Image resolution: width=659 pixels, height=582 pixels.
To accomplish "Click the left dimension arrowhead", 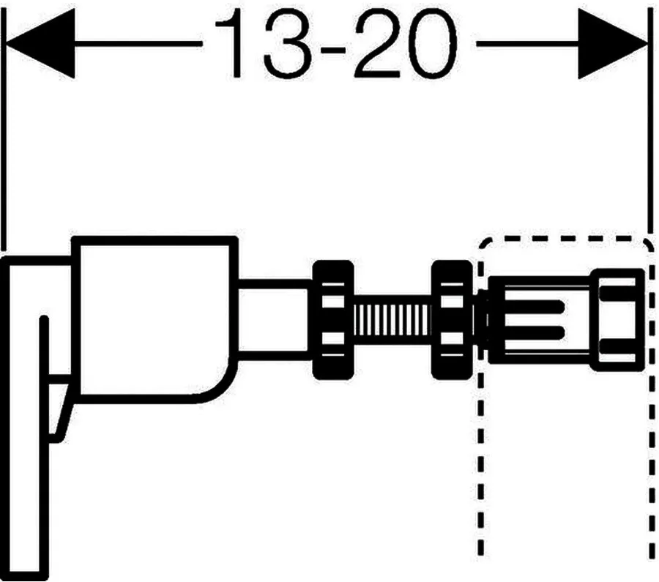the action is point(41,43).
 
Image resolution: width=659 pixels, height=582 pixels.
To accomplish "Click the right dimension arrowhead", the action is point(613,44).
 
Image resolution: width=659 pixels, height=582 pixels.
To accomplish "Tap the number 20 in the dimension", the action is point(406,43).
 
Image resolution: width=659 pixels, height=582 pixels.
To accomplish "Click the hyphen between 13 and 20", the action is point(333,49).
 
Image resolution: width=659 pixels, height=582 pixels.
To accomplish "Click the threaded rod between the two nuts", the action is point(392,319).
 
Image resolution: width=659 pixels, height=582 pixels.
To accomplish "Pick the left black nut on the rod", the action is point(333,320).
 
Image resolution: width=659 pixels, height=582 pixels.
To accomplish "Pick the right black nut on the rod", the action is point(453,320).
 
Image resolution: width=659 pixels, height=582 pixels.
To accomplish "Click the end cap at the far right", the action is point(617,320).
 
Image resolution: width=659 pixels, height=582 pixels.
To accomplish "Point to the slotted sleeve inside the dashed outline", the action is point(539,320).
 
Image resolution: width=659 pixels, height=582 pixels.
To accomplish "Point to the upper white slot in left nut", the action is point(333,301).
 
